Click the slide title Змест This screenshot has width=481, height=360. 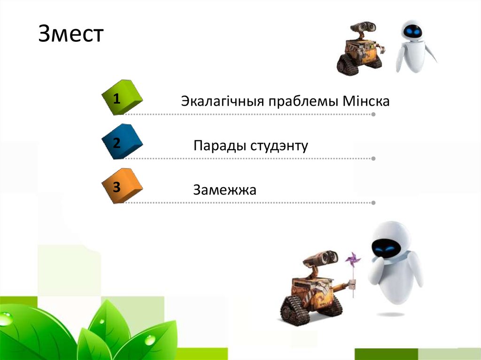[70, 34]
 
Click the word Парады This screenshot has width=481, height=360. [218, 146]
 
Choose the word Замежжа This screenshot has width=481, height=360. [225, 191]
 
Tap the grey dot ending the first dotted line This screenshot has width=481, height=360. [373, 115]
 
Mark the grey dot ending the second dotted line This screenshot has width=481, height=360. [373, 159]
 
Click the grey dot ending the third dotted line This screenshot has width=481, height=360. [373, 203]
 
